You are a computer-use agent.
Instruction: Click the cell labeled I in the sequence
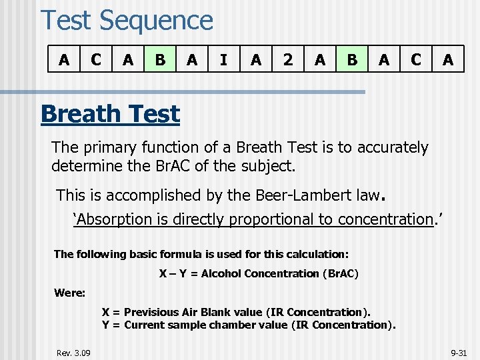click(223, 60)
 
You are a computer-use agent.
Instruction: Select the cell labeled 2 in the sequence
click(287, 60)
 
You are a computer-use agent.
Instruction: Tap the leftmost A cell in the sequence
click(64, 60)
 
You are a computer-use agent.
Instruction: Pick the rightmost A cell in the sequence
click(448, 60)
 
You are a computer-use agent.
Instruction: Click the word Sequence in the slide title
click(156, 21)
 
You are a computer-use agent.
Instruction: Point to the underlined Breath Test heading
click(110, 114)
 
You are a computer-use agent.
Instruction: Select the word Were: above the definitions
click(69, 293)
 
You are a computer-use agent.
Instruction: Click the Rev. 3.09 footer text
click(74, 352)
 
